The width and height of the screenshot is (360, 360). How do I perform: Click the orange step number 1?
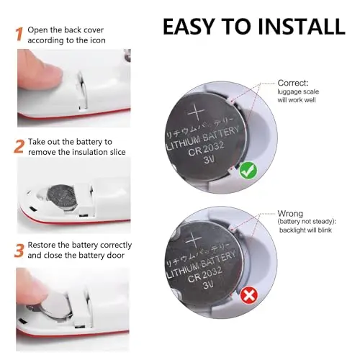point(19,32)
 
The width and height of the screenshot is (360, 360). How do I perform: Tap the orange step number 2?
point(19,148)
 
